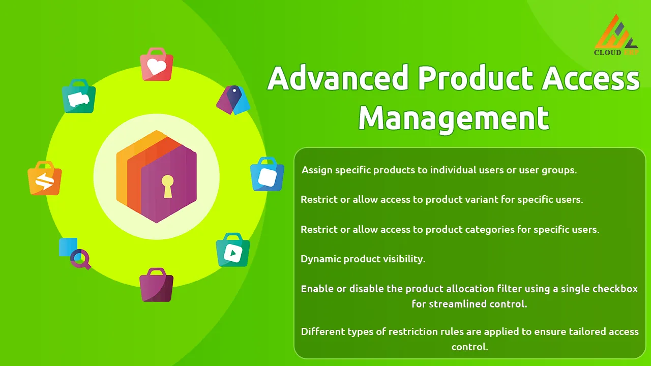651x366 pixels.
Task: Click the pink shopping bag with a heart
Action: pyautogui.click(x=157, y=64)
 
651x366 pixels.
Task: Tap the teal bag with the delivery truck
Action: pyautogui.click(x=79, y=96)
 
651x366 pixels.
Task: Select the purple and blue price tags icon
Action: pyautogui.click(x=233, y=100)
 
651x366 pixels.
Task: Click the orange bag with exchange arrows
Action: pyautogui.click(x=44, y=178)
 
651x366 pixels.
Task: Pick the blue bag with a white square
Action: pyautogui.click(x=267, y=174)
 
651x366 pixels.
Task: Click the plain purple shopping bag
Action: pyautogui.click(x=156, y=285)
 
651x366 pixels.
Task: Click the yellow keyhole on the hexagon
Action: pyautogui.click(x=168, y=186)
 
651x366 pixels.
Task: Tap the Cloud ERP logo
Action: pyautogui.click(x=616, y=35)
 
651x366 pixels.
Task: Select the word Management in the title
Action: pyautogui.click(x=454, y=119)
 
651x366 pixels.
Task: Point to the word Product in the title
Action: pyautogui.click(x=476, y=78)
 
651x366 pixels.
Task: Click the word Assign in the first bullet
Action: pyautogui.click(x=317, y=170)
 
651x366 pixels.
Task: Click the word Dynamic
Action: pyautogui.click(x=320, y=259)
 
